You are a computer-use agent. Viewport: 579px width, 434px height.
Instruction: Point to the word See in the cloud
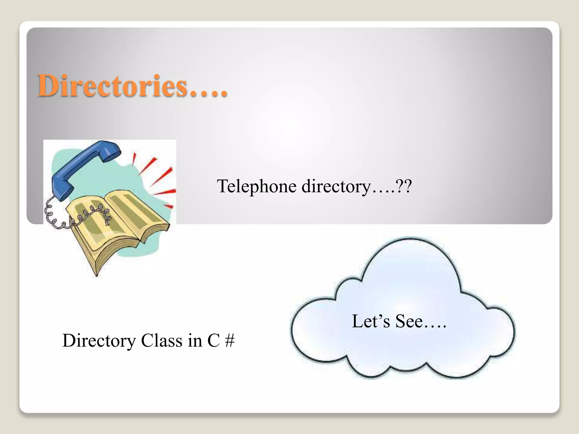point(409,321)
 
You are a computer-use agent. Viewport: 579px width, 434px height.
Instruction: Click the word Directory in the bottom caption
point(99,341)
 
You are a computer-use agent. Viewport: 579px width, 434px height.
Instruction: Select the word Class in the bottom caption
point(162,340)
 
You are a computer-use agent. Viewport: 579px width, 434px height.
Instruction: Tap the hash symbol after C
point(230,340)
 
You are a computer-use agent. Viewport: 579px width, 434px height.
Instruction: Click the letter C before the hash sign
point(213,340)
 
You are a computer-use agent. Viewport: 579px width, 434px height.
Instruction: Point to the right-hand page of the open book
point(136,212)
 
